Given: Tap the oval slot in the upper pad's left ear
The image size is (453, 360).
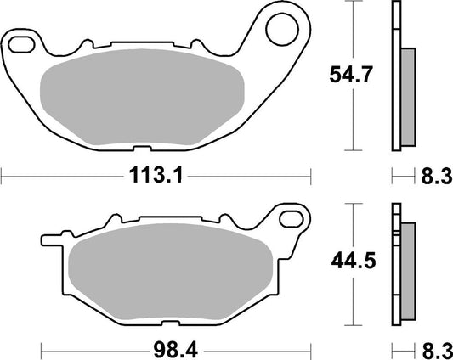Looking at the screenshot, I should pos(21,42).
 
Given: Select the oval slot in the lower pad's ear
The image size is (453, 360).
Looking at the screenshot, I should pos(289,222).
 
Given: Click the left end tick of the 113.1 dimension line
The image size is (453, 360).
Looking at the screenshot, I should pos(3,177).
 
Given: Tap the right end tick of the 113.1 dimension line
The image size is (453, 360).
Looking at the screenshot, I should pos(311,177).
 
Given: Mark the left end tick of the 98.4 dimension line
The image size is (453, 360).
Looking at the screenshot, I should pos(42,348).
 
